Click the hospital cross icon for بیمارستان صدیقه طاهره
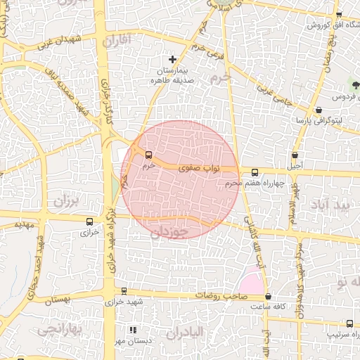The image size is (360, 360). pos(173,59)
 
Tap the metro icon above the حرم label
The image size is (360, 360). pos(148,155)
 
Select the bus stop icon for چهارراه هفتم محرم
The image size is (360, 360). pos(255,172)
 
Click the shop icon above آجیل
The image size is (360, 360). pos(295,155)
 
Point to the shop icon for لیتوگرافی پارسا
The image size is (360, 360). pos(319,110)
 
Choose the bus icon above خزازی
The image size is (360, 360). pos(89,221)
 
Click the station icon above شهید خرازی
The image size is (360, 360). pos(124,290)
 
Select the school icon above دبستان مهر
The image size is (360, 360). pos(133,329)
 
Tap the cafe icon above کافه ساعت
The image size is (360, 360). pos(268,297)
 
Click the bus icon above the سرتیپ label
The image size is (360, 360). pos(349,323)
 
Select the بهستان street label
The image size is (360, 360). pos(58,300)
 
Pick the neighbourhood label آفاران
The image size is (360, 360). pos(117,41)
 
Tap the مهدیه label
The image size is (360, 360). pos(14,225)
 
